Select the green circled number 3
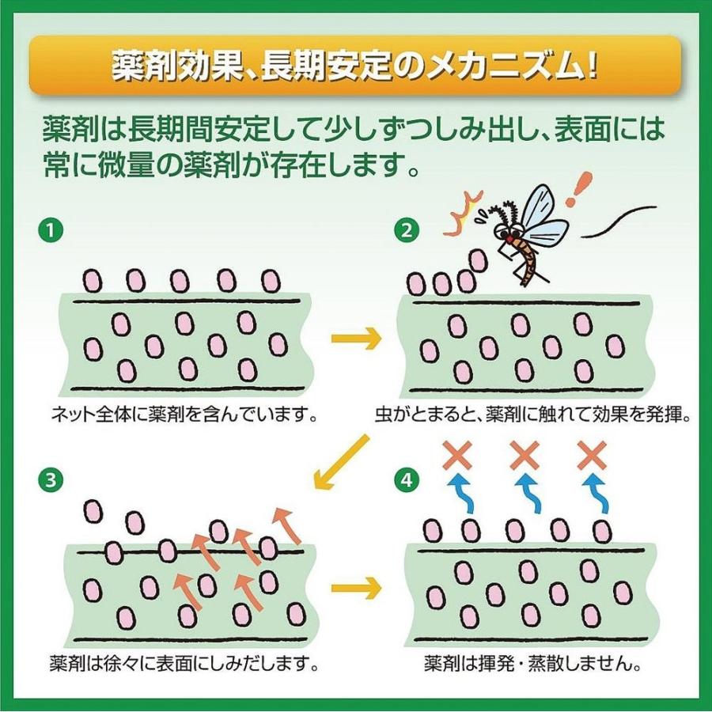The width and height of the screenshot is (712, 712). click(x=50, y=479)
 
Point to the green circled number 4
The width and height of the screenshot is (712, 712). click(x=407, y=479)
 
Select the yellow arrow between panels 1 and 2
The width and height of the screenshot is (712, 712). click(x=356, y=339)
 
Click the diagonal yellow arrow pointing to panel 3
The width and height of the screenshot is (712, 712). click(x=342, y=462)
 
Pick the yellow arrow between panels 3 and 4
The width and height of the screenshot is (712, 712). click(x=356, y=588)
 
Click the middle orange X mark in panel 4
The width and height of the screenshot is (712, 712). click(x=525, y=455)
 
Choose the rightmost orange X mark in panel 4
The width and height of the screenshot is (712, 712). click(x=592, y=455)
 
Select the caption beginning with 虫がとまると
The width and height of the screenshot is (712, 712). click(x=532, y=414)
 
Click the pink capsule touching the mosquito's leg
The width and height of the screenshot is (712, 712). click(x=478, y=262)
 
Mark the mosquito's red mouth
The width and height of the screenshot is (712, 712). click(x=510, y=239)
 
